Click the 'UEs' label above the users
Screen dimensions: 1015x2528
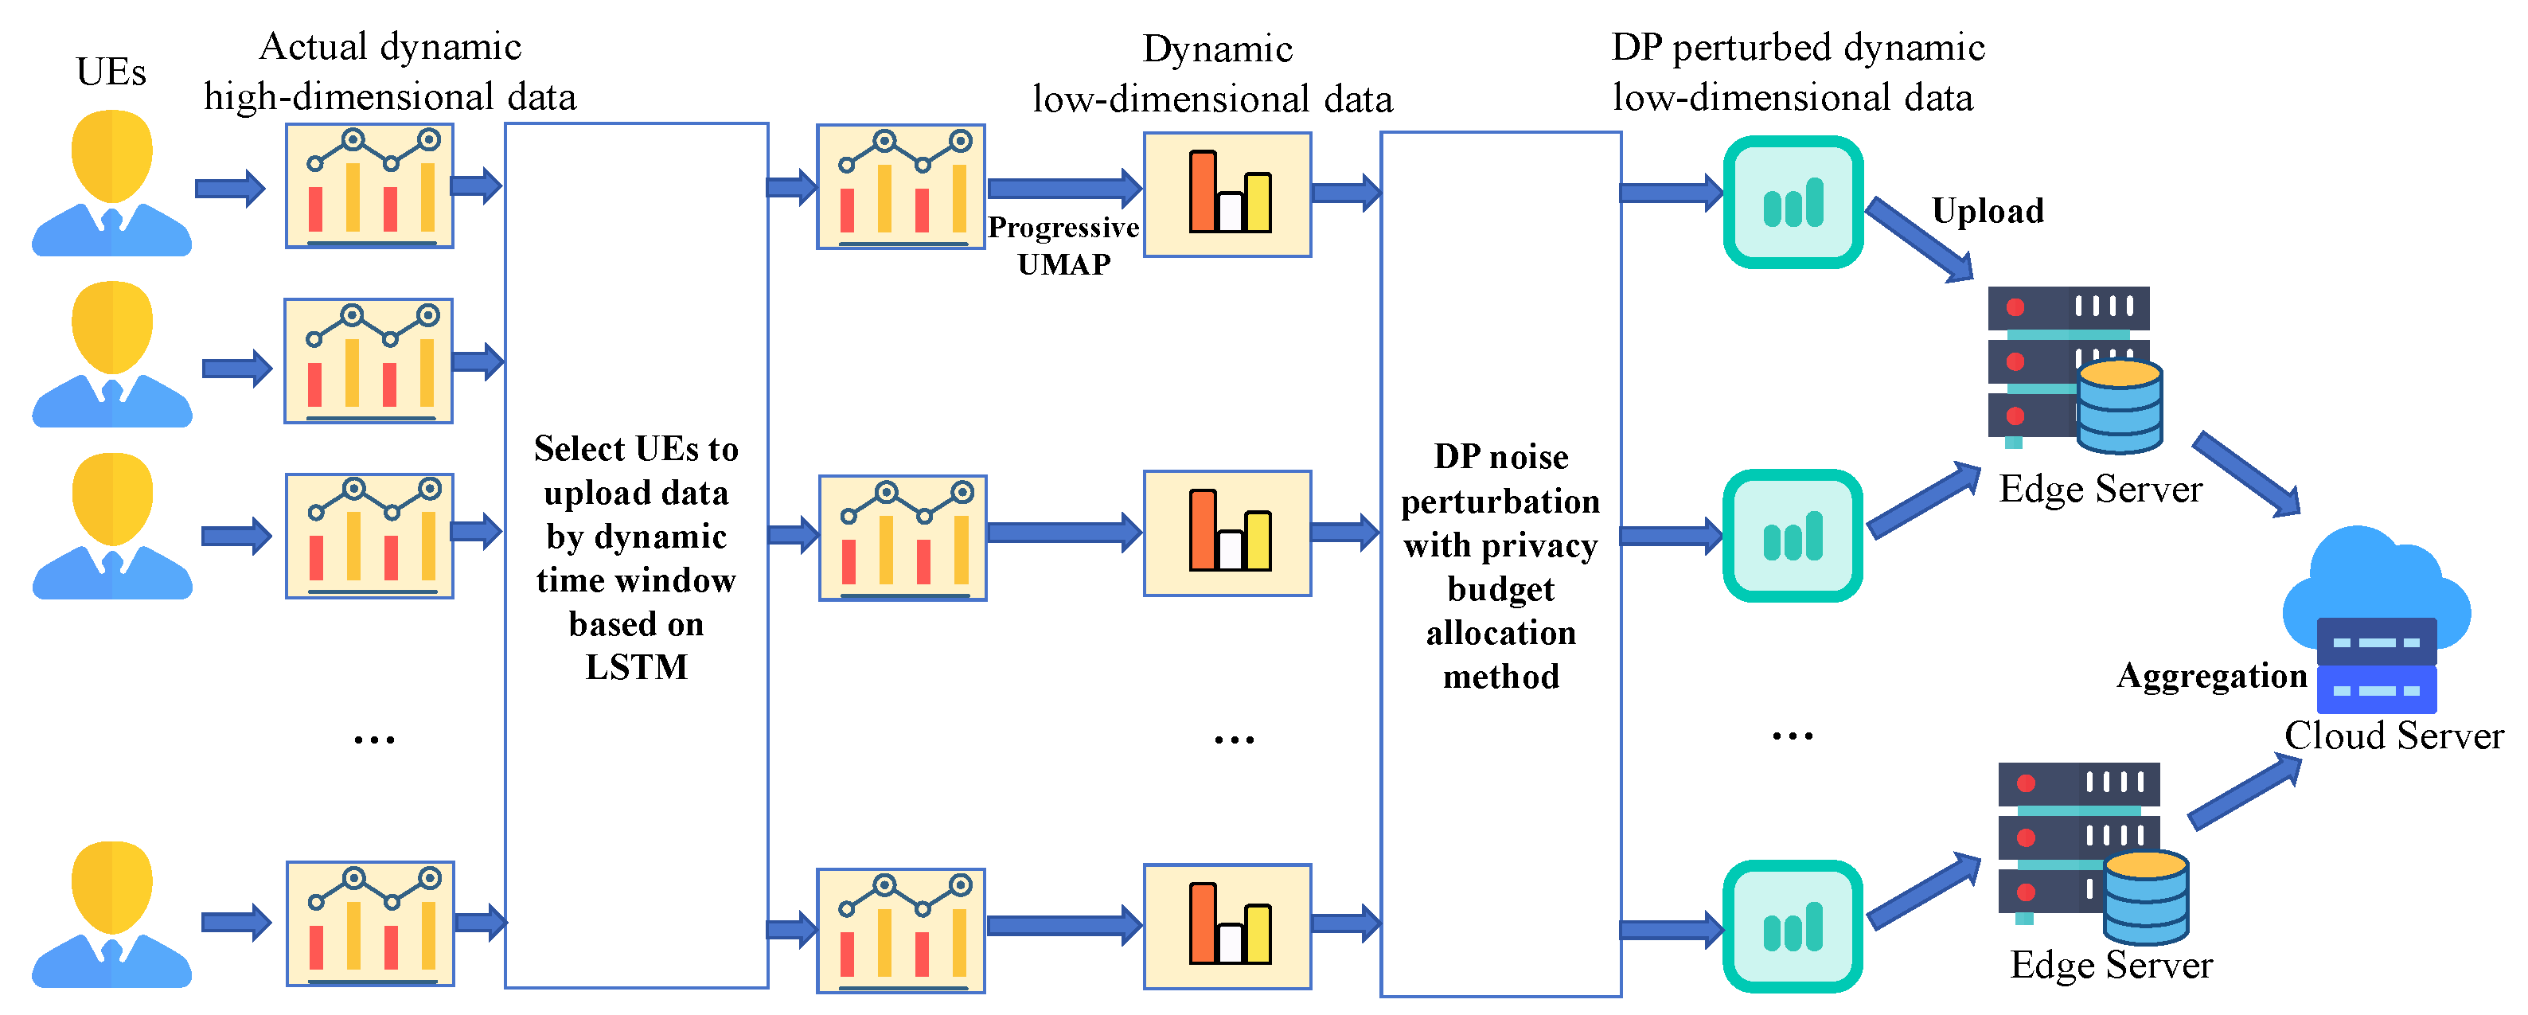111,72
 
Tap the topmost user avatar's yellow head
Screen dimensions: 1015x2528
112,155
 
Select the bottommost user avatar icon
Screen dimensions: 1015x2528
112,913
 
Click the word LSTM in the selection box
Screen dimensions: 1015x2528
636,667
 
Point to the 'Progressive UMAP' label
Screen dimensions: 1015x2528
1063,245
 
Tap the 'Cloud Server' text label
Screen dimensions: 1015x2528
2393,736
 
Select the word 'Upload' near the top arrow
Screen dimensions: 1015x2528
1988,211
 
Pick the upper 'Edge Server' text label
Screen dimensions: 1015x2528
2100,489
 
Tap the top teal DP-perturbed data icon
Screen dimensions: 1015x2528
1793,202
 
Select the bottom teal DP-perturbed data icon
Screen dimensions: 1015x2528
1793,926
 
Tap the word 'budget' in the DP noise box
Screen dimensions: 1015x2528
1500,589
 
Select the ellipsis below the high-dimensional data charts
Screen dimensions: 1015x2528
374,740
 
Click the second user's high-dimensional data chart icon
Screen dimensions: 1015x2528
368,361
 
